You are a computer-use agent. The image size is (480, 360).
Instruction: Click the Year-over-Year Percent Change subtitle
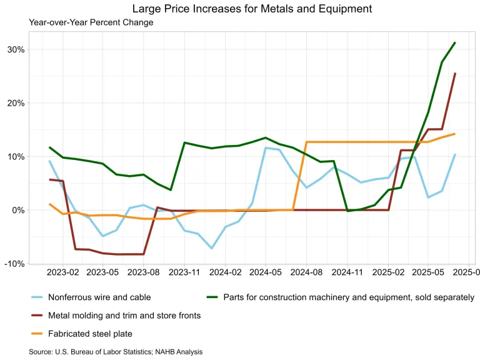pos(91,22)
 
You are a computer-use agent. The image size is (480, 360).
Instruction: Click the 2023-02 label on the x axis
pos(62,273)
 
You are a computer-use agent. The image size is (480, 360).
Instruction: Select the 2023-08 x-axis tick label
pos(144,273)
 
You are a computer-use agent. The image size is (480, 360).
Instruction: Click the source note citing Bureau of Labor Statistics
pos(116,352)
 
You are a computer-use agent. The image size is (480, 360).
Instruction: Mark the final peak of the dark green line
pos(455,42)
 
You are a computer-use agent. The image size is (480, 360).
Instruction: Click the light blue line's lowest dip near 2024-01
pos(212,248)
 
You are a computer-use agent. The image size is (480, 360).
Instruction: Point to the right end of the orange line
pos(455,134)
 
